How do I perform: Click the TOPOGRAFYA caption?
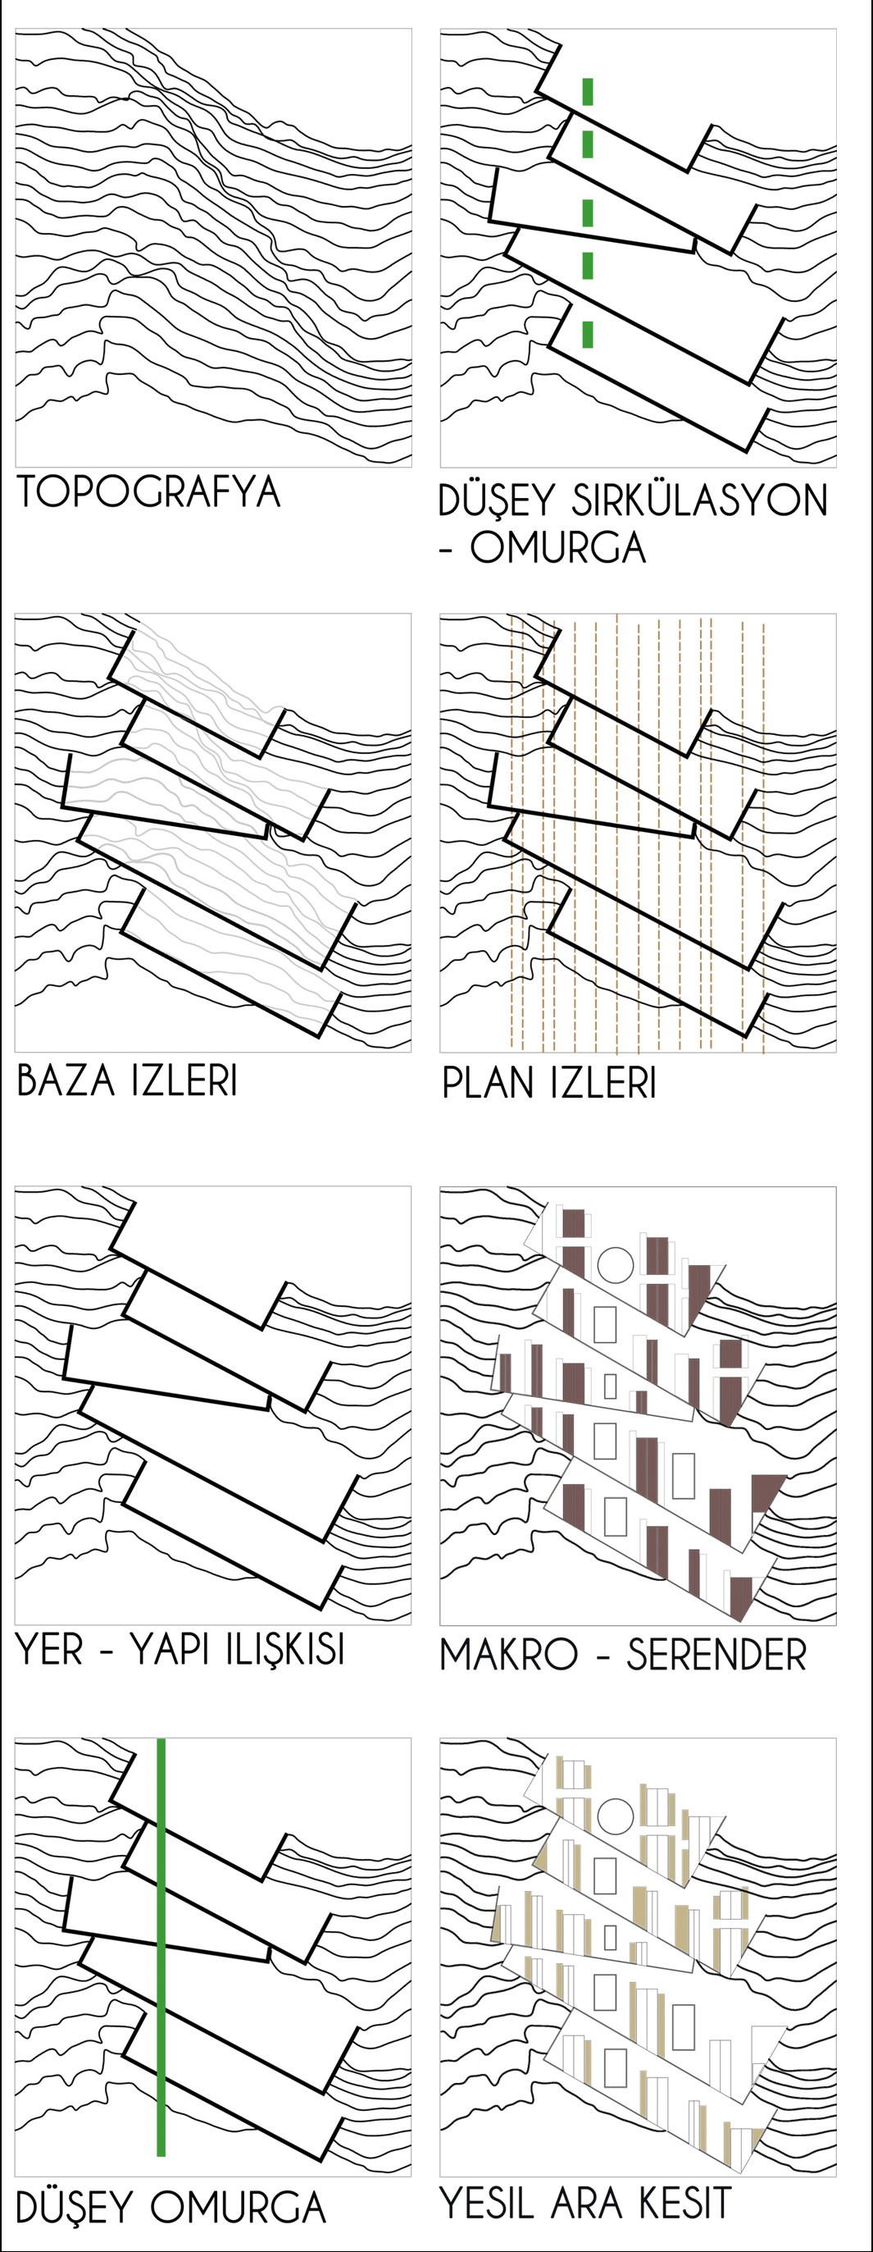click(x=148, y=491)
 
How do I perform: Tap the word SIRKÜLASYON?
click(x=699, y=501)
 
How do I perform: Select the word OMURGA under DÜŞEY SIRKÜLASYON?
click(x=557, y=549)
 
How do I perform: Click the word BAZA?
click(x=66, y=1081)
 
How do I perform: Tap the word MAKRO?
click(x=508, y=1655)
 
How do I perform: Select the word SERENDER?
click(x=716, y=1655)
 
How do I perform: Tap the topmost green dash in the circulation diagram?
click(x=588, y=92)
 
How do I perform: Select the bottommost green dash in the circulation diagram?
click(x=588, y=334)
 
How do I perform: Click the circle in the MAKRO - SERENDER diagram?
click(x=616, y=1265)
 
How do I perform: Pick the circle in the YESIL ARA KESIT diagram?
click(x=616, y=1816)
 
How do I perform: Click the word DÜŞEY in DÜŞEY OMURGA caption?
click(x=74, y=2207)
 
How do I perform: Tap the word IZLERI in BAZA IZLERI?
click(x=184, y=1081)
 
